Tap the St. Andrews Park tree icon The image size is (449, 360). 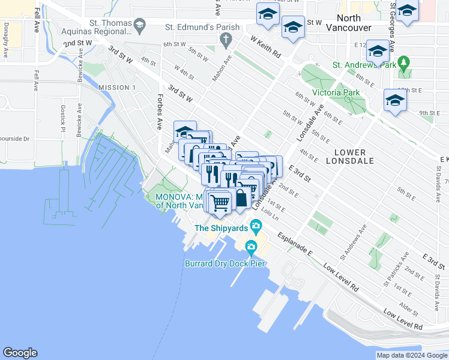tap(404, 62)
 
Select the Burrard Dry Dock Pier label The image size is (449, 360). tap(223, 263)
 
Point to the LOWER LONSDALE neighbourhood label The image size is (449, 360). tap(350, 157)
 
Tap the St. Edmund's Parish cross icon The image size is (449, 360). tap(226, 41)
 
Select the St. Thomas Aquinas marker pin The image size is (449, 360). tap(140, 25)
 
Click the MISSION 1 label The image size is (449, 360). tap(117, 88)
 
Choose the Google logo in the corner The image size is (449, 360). tap(20, 353)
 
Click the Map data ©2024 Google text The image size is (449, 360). tap(411, 355)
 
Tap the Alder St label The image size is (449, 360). tap(411, 307)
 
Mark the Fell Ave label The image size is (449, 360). tap(37, 20)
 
